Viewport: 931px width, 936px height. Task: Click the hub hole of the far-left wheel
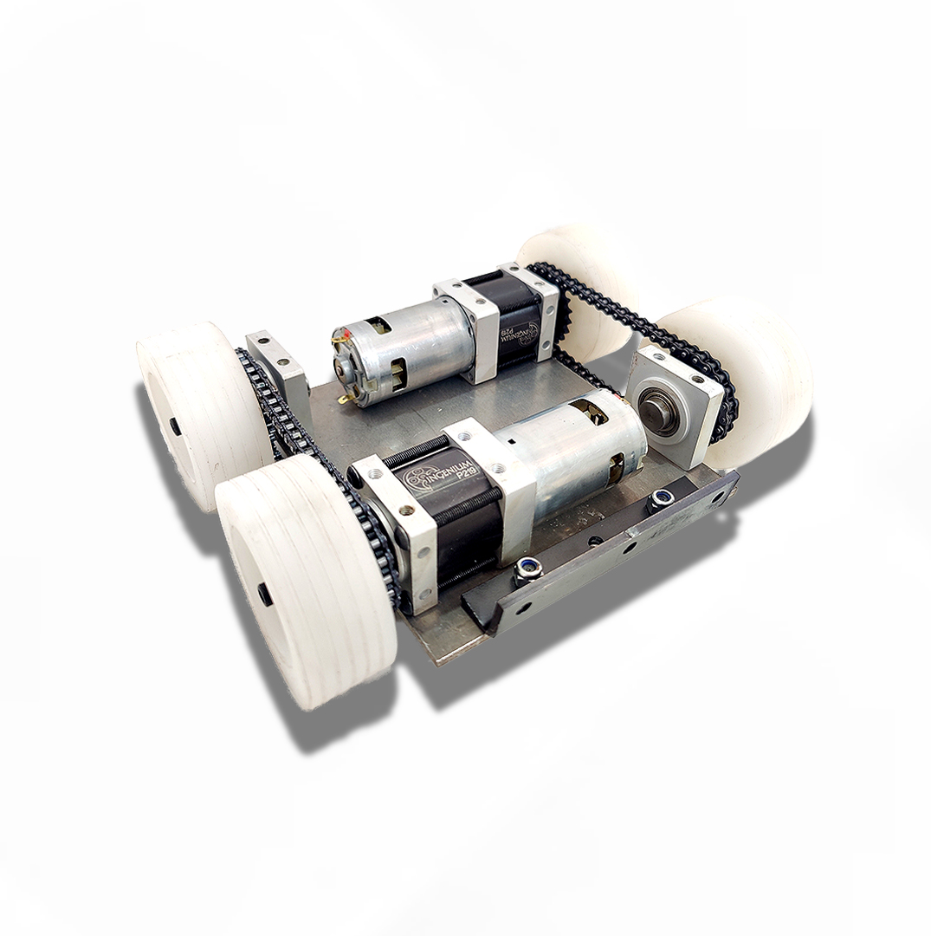click(174, 426)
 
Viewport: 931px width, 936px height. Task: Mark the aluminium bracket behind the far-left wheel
click(279, 368)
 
